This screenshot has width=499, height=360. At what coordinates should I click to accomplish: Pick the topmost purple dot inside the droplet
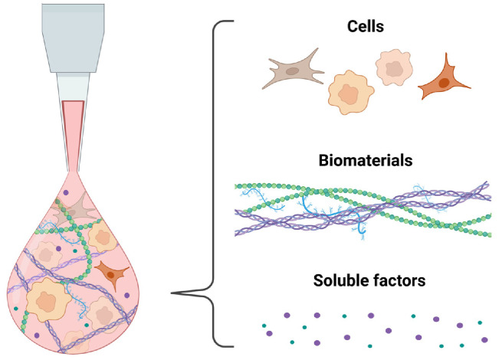click(67, 193)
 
